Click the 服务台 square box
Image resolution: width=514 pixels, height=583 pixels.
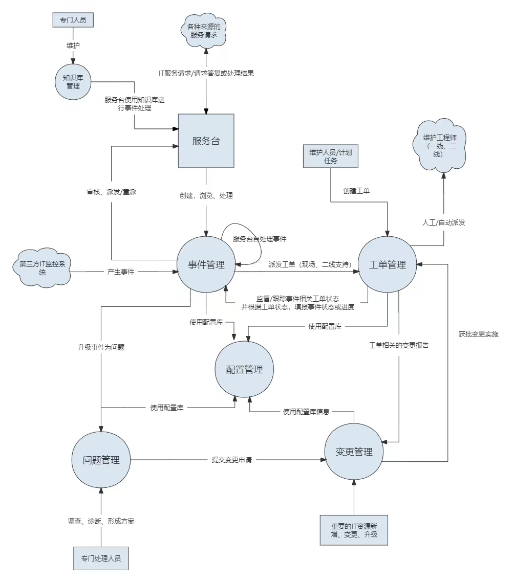(206, 141)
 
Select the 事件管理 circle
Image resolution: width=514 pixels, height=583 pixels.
(206, 264)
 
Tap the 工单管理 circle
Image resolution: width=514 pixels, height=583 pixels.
(388, 264)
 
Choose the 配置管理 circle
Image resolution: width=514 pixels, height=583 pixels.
(244, 369)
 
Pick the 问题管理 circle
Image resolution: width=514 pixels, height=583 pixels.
(101, 459)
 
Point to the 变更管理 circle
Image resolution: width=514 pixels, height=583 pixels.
(354, 452)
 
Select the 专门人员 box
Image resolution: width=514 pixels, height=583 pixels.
(73, 20)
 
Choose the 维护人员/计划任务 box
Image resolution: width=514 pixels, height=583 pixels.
(330, 156)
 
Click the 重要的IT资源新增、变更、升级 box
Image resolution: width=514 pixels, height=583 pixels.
(354, 530)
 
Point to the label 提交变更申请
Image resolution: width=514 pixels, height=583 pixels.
(232, 460)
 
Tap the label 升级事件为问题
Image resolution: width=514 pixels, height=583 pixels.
(101, 347)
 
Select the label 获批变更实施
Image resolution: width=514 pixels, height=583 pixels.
(478, 334)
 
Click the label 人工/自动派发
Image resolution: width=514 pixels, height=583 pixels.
(444, 222)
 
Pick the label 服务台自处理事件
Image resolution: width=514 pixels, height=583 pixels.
(260, 239)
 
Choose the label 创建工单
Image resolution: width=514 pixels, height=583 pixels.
(356, 191)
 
